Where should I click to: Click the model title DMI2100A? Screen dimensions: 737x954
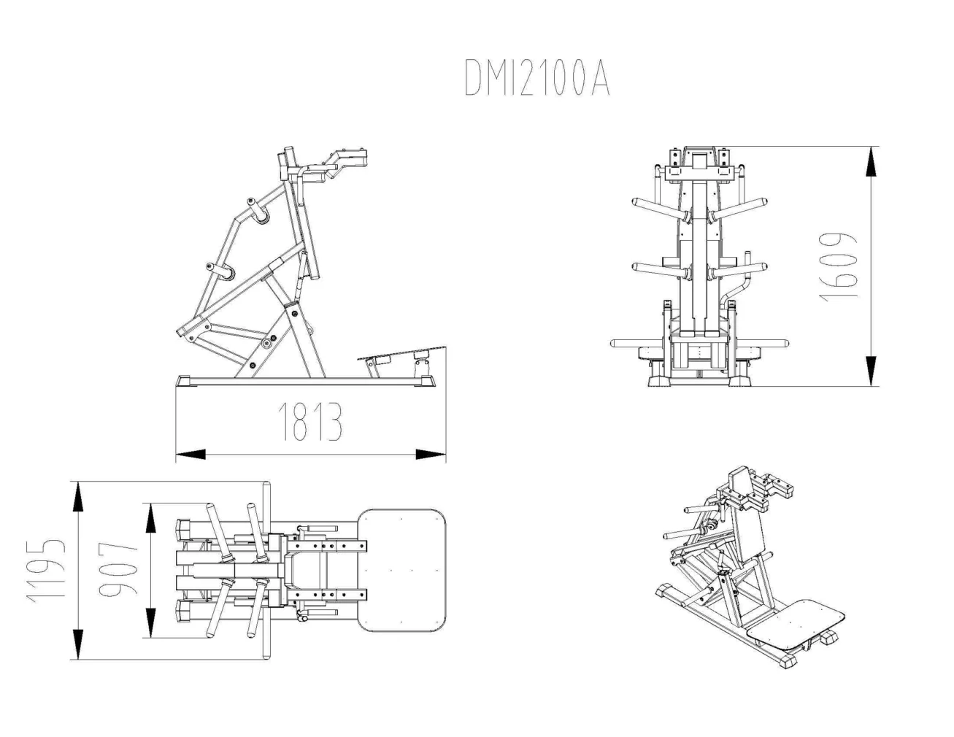[x=536, y=77]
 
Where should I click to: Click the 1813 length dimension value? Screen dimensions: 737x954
[x=310, y=422]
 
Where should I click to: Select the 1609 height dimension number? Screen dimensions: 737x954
[x=836, y=267]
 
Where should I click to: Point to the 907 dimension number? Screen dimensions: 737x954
[x=116, y=571]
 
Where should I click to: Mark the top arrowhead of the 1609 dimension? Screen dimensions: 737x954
[x=870, y=161]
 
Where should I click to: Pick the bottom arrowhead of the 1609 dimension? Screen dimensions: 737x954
[x=870, y=371]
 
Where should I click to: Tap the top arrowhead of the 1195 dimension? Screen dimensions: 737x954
[x=78, y=498]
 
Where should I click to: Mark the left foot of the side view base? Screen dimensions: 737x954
[x=185, y=380]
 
